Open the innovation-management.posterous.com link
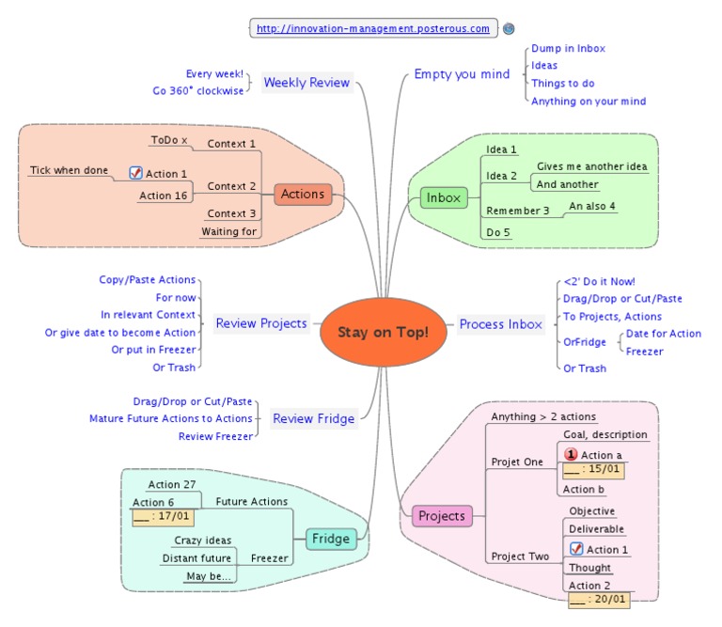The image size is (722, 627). click(x=373, y=29)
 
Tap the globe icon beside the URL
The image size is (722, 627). click(x=509, y=29)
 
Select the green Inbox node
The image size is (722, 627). click(x=444, y=197)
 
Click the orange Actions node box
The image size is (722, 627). click(x=303, y=195)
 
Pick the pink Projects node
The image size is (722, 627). click(x=442, y=516)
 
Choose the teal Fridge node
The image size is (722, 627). click(x=331, y=539)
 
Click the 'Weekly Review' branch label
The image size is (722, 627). click(x=306, y=83)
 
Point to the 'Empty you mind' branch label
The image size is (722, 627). click(x=462, y=74)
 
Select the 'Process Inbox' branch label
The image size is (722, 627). click(x=500, y=324)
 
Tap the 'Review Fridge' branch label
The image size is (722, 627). click(x=313, y=418)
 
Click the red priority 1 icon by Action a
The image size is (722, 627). click(x=570, y=455)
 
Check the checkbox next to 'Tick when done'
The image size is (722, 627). click(x=135, y=173)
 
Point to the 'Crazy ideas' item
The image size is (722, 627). click(x=202, y=541)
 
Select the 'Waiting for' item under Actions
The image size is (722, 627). click(x=228, y=231)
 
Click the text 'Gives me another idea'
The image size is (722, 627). click(x=592, y=166)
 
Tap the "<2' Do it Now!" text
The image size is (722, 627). click(x=599, y=281)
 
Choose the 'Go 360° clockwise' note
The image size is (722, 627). click(x=197, y=91)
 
